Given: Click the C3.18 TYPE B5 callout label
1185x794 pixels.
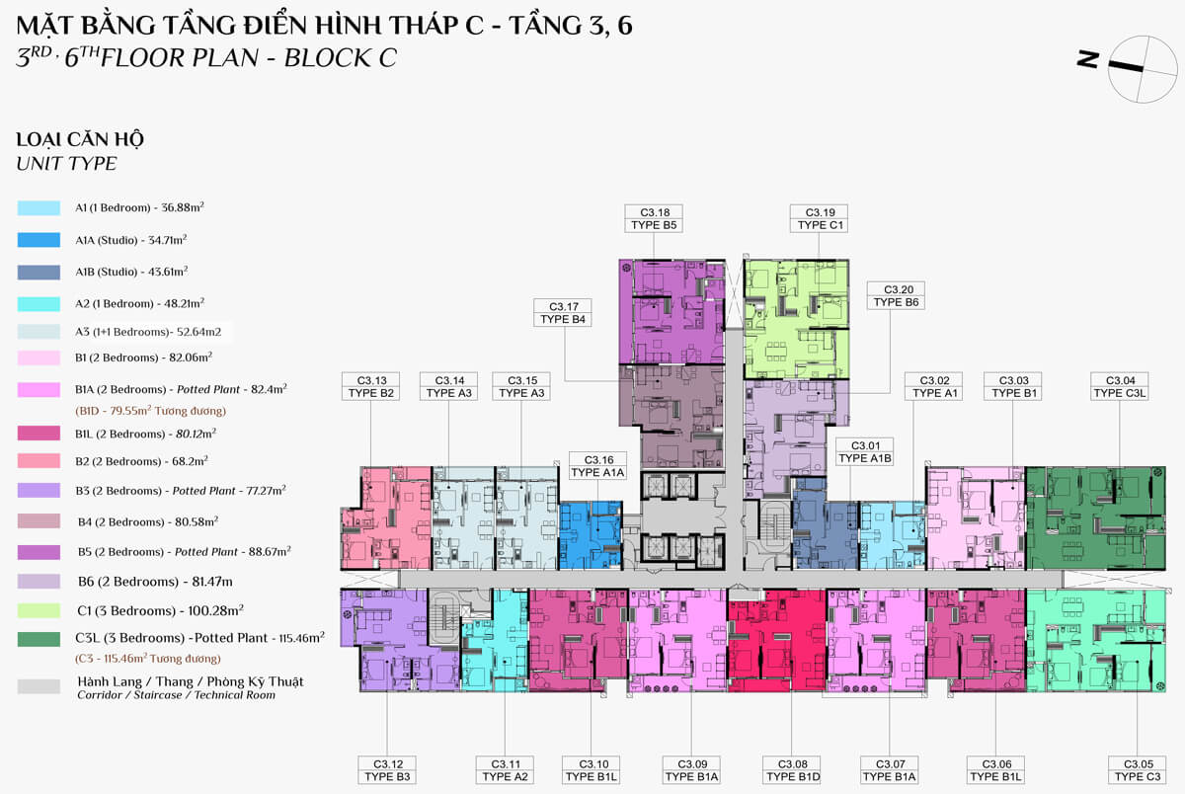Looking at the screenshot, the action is (x=654, y=218).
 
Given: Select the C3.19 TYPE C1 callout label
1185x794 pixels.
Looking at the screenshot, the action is (x=819, y=218).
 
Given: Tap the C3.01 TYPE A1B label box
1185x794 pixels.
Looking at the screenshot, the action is (x=864, y=451).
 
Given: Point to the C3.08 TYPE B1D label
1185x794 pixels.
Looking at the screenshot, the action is (x=791, y=770).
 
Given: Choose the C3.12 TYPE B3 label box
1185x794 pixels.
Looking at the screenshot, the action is (x=387, y=770).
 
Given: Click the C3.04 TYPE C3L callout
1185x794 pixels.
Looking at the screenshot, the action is (x=1120, y=387).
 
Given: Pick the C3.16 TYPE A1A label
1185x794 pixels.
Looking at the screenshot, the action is (x=597, y=466).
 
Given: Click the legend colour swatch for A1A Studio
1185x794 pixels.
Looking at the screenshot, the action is (x=39, y=240).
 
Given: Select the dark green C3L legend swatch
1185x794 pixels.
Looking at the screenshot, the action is (x=39, y=639).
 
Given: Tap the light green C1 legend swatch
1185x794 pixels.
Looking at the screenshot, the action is (x=39, y=611).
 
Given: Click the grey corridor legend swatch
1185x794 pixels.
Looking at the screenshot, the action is (x=39, y=686).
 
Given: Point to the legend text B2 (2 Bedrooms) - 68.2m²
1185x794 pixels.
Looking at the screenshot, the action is (x=141, y=461).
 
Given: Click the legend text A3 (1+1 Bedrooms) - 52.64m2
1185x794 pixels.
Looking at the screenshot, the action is (x=148, y=332).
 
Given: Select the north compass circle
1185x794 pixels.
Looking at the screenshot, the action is (x=1143, y=69).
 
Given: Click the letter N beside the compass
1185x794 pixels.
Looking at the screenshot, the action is (x=1087, y=58).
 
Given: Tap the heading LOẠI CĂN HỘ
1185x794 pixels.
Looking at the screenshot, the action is (x=80, y=140).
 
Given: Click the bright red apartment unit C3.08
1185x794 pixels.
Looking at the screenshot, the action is (x=776, y=641).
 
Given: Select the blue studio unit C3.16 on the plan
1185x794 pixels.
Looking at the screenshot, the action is (x=591, y=535).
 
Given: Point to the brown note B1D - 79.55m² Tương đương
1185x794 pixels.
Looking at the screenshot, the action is (x=151, y=411).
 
